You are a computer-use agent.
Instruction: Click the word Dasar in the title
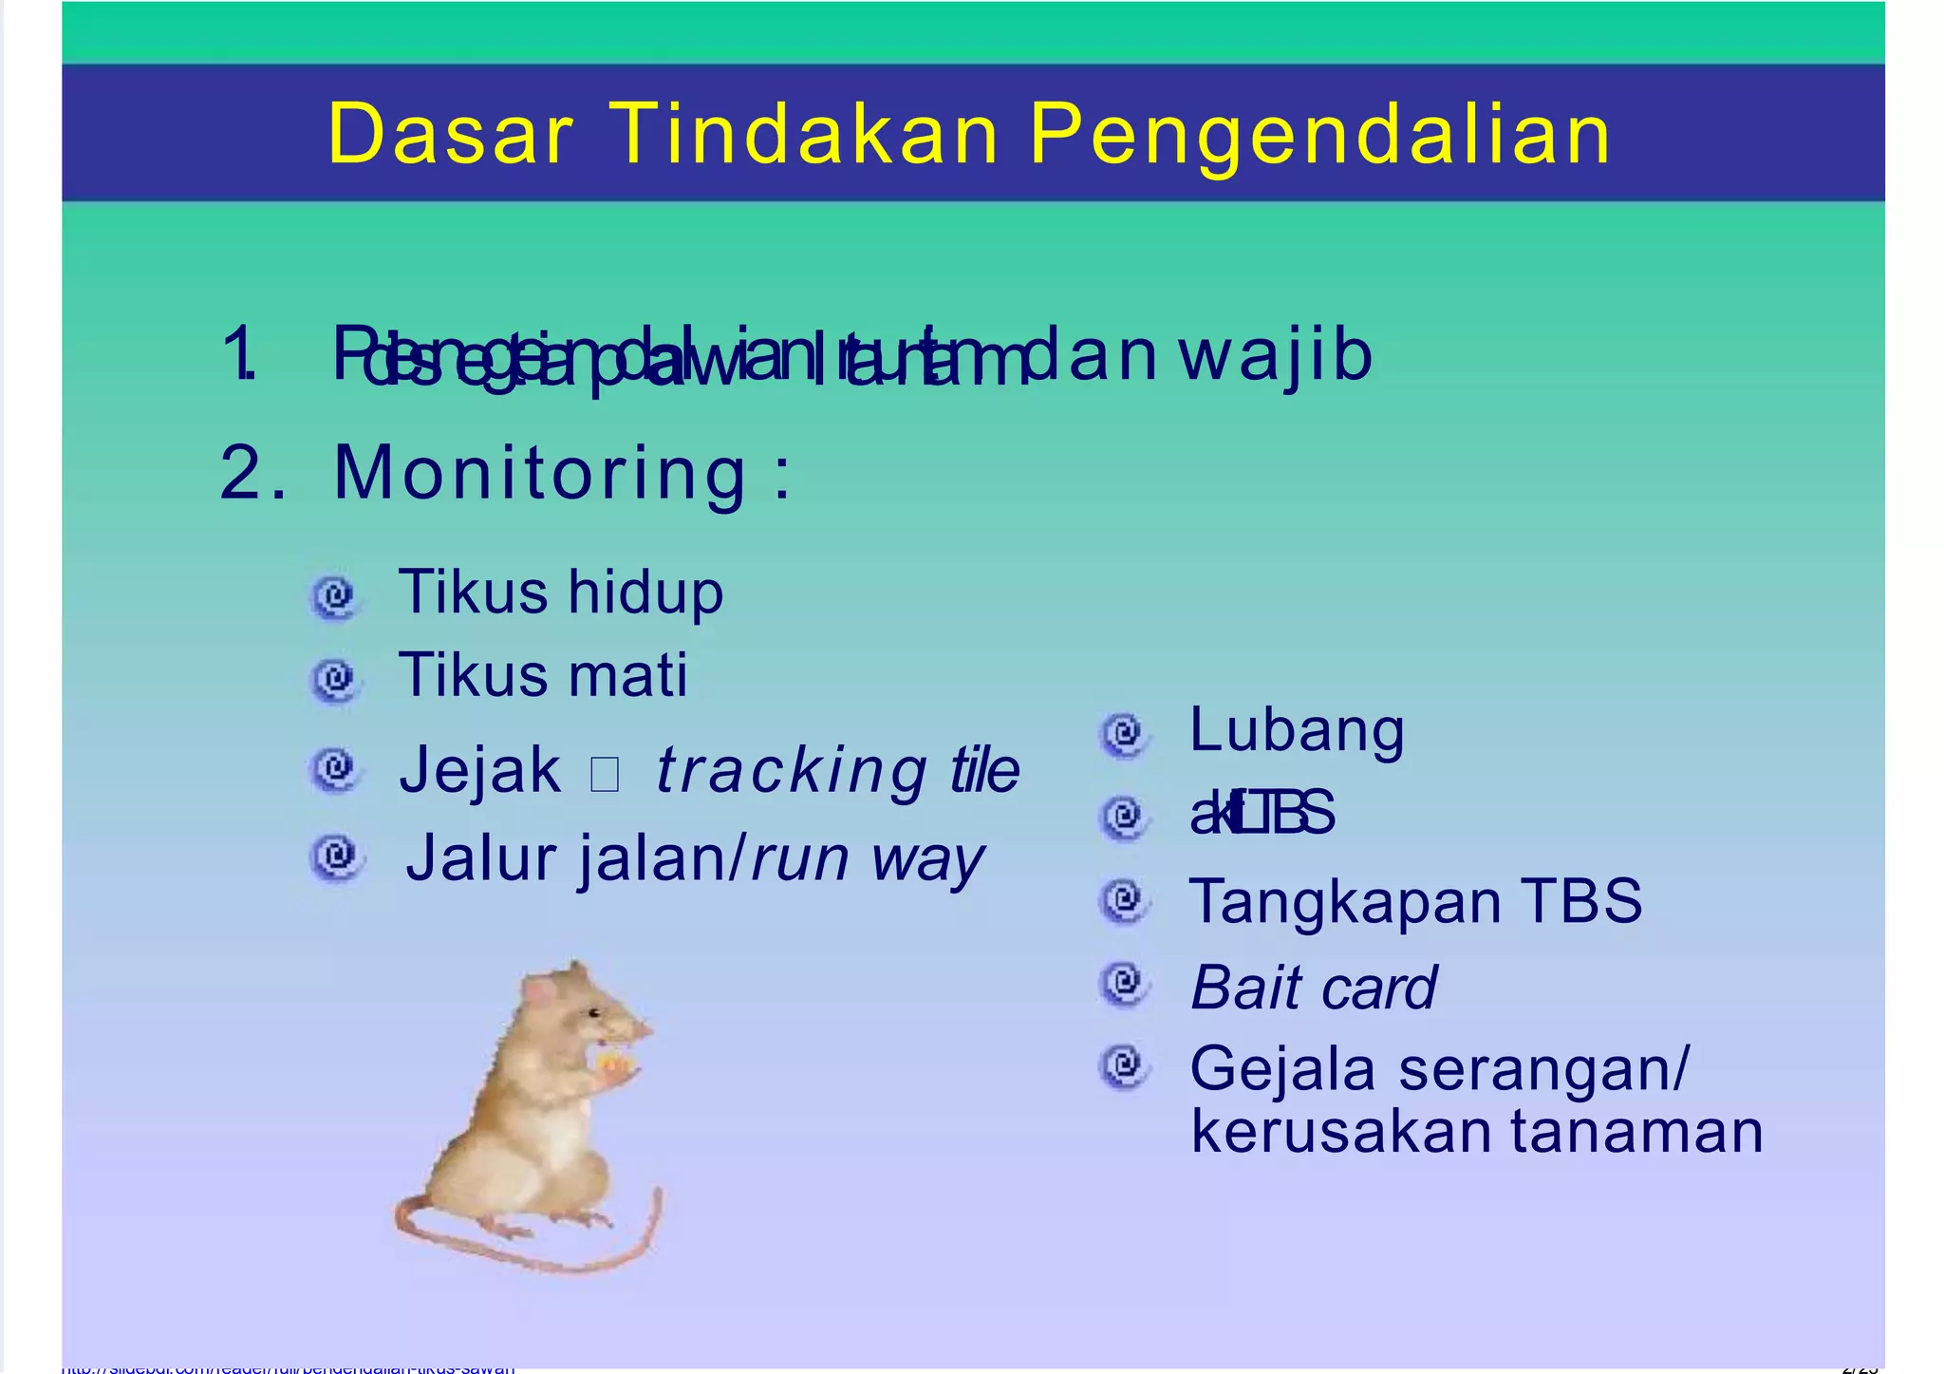(450, 135)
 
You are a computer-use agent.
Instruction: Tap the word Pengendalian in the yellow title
(1320, 135)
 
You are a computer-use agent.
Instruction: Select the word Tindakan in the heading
(803, 135)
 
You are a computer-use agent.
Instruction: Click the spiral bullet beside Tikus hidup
(334, 596)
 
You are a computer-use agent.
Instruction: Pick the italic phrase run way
(867, 859)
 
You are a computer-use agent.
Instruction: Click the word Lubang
(1297, 730)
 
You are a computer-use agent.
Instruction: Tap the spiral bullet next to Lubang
(1124, 734)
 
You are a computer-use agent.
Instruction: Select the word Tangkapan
(1344, 900)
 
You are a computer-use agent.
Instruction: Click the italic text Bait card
(1313, 988)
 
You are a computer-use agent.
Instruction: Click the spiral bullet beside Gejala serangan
(1124, 1066)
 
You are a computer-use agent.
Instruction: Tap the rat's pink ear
(542, 993)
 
